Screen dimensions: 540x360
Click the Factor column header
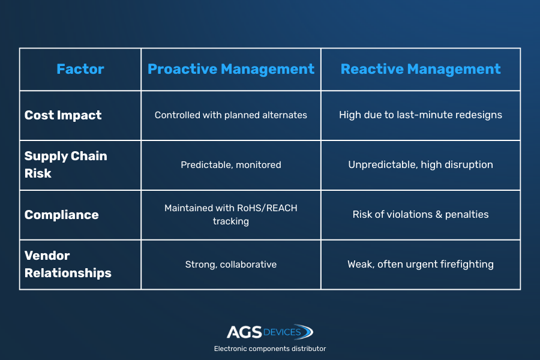[x=80, y=69]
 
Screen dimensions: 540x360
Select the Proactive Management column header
[x=231, y=69]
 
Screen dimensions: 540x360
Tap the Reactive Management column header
[x=421, y=69]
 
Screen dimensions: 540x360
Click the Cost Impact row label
[x=63, y=115]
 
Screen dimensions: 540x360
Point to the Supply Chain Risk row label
[x=66, y=164]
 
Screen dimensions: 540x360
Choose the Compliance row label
[x=62, y=215]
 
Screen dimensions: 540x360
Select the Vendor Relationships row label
[x=68, y=264]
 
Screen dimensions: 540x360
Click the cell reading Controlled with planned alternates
[x=231, y=115]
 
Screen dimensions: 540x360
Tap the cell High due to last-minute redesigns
[x=421, y=115]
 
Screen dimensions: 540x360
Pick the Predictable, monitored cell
[x=231, y=164]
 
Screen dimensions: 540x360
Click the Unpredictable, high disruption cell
[x=421, y=164]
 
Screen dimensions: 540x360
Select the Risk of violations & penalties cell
[x=421, y=214]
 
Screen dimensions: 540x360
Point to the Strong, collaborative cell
[x=231, y=264]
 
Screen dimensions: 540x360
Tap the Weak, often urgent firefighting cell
[x=421, y=264]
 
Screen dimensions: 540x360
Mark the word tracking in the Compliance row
[x=231, y=221]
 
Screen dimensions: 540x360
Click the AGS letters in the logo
[x=244, y=332]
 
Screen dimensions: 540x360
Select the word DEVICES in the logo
[x=282, y=332]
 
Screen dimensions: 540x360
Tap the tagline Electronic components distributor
[x=270, y=349]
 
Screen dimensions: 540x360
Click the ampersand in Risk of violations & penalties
[x=439, y=214]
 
